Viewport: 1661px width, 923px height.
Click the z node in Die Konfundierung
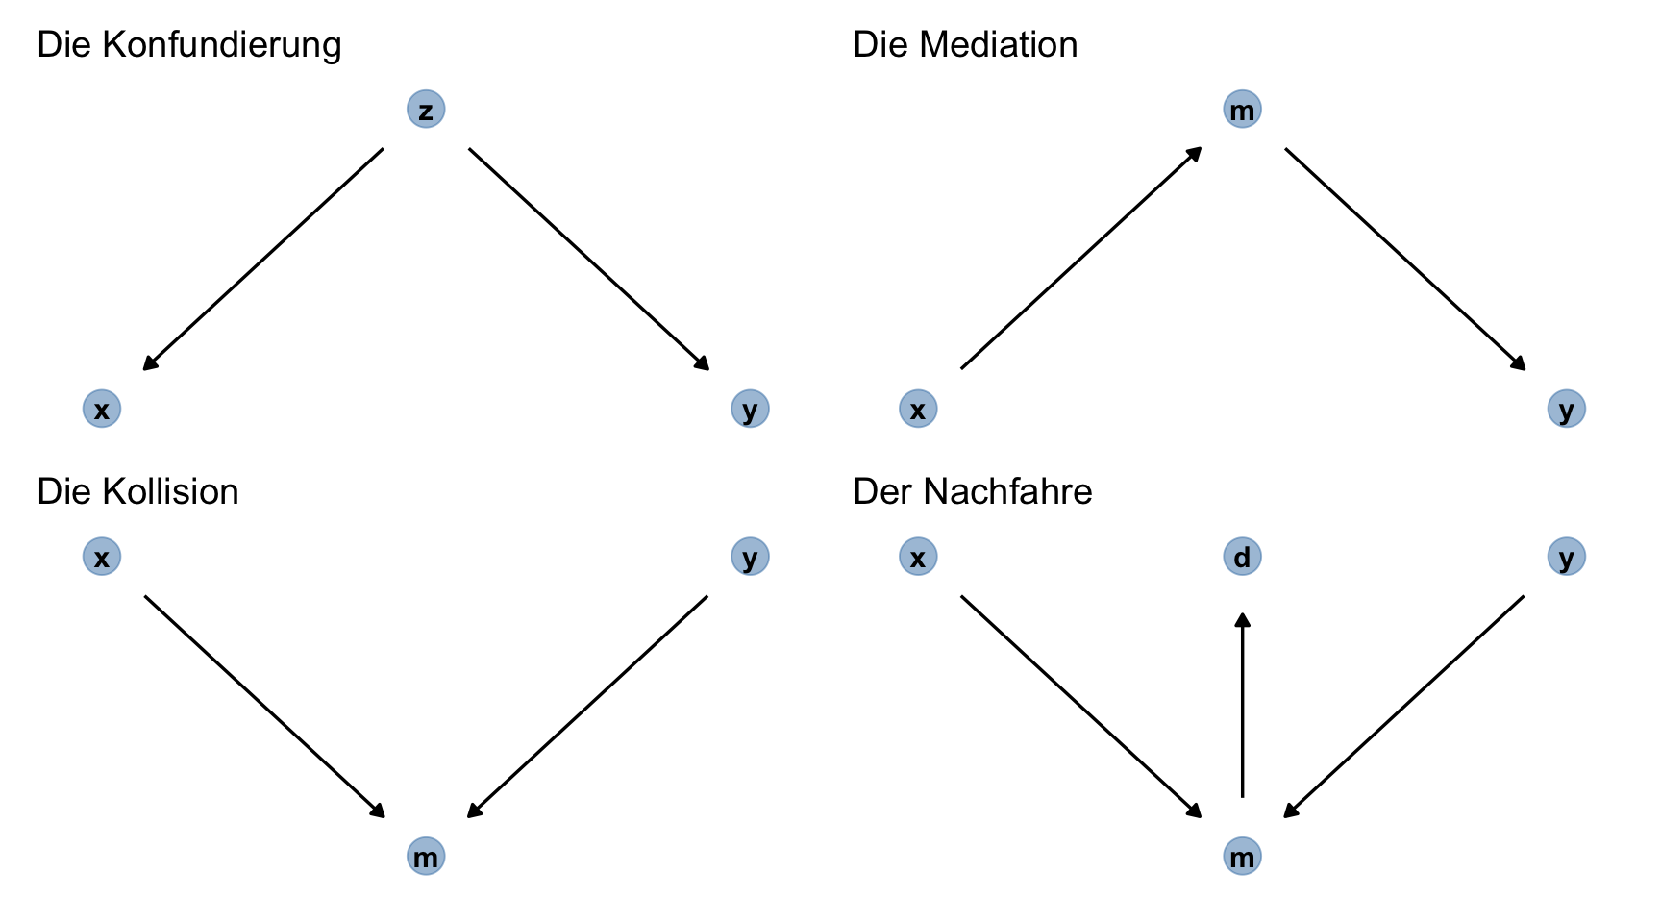(x=426, y=110)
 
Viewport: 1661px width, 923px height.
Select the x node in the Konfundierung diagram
(x=102, y=409)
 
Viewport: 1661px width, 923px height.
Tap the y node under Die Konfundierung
(x=750, y=409)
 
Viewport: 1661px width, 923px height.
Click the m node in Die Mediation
(x=1242, y=110)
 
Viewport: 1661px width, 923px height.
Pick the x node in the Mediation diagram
(x=918, y=409)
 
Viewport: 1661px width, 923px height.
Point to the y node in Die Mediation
(x=1567, y=409)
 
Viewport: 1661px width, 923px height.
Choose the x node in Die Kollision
(x=102, y=557)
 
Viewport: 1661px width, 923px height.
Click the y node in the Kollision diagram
(x=750, y=557)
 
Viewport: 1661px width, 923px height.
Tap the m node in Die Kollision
(x=426, y=856)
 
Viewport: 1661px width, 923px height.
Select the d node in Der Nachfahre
(x=1242, y=557)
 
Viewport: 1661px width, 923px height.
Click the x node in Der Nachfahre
(x=918, y=557)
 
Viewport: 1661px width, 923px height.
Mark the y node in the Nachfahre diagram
(x=1567, y=557)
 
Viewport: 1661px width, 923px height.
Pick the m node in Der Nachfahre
(x=1242, y=856)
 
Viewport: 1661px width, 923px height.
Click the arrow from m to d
(x=1242, y=706)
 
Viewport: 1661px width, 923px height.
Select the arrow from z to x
(x=263, y=259)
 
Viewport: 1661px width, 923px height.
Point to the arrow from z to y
(x=588, y=259)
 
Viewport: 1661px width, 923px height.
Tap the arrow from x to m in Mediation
(x=1081, y=258)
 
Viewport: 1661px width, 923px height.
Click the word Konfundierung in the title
(x=221, y=45)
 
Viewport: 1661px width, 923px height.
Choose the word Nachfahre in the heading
(x=1007, y=492)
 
